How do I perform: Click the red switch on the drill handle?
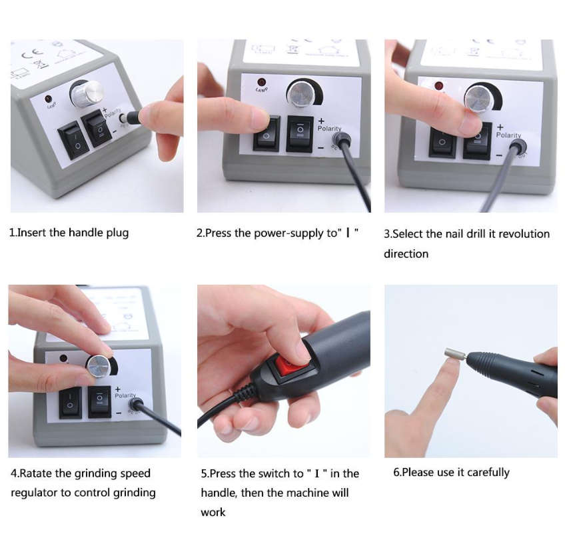[291, 365]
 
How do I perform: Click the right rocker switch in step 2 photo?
[300, 133]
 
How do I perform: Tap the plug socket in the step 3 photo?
[517, 146]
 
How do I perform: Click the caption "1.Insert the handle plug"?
[69, 233]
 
